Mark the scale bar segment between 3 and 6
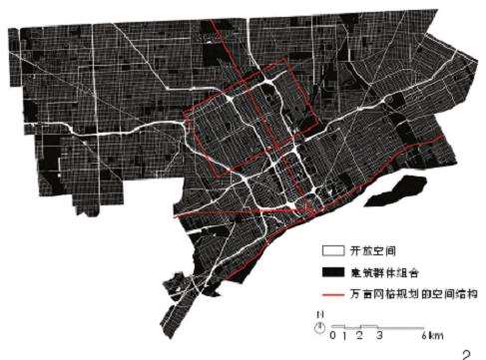coord(404,327)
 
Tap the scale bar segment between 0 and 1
coord(338,327)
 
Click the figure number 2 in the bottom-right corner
coord(466,350)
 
